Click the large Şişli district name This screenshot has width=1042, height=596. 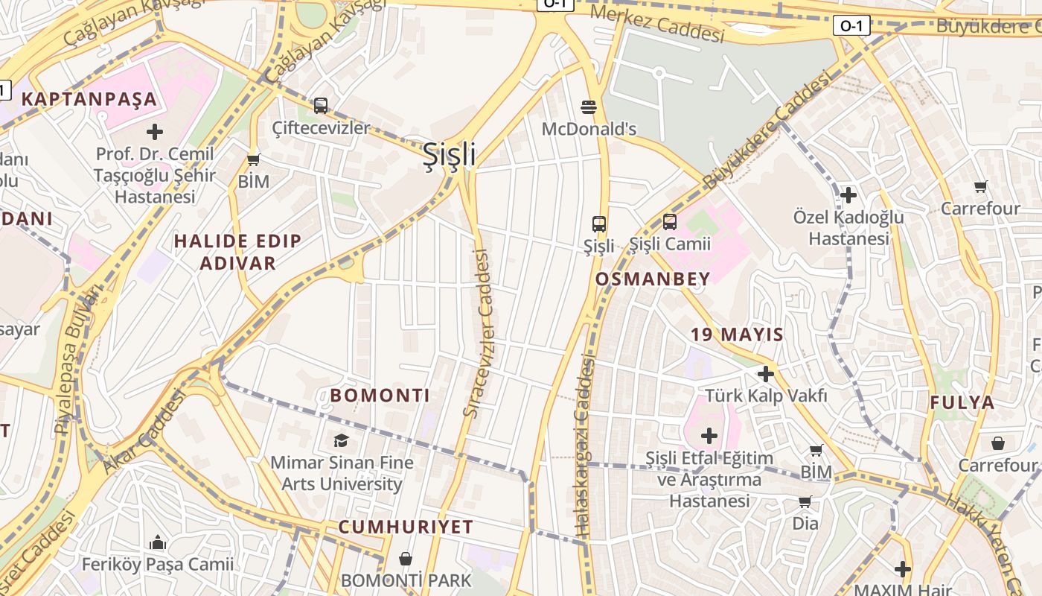point(449,154)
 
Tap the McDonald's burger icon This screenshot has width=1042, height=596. point(589,107)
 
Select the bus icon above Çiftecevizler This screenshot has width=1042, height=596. point(321,106)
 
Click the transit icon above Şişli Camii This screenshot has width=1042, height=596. point(669,222)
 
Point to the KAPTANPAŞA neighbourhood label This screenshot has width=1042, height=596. point(89,99)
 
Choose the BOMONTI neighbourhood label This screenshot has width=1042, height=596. point(380,395)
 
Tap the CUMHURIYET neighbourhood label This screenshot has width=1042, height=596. point(406,527)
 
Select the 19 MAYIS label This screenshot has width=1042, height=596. point(737,335)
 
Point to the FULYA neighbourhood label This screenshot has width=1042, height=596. point(962,403)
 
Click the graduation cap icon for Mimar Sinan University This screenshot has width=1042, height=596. point(341,440)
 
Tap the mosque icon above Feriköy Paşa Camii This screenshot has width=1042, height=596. point(158,542)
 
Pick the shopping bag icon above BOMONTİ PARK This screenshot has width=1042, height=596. point(406,558)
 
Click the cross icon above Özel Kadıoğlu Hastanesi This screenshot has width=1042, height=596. point(848,196)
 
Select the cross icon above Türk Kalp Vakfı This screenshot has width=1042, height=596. point(766,374)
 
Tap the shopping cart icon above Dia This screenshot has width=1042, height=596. point(805,502)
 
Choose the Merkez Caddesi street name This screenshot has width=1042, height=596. point(656,25)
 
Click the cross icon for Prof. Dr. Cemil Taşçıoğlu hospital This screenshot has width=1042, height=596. point(155,133)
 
